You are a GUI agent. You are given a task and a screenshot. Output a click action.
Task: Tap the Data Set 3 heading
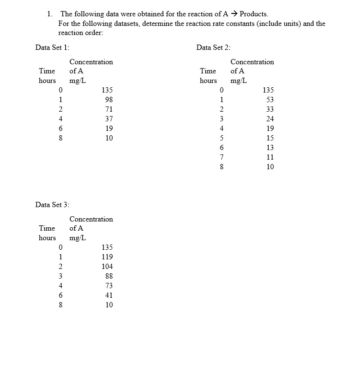pyautogui.click(x=52, y=204)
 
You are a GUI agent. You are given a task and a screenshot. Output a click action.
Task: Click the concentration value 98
pyautogui.click(x=109, y=100)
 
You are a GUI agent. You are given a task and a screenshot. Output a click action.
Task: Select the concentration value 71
pyautogui.click(x=109, y=109)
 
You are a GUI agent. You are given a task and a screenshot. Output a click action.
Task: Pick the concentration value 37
pyautogui.click(x=109, y=119)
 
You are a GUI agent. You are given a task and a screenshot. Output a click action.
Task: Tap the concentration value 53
pyautogui.click(x=270, y=100)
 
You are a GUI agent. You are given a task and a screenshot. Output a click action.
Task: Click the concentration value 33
pyautogui.click(x=270, y=109)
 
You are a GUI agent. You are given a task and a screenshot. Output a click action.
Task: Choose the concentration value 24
pyautogui.click(x=270, y=119)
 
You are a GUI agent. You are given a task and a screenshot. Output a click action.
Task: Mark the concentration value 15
pyautogui.click(x=270, y=138)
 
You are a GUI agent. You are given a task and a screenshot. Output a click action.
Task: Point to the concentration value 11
pyautogui.click(x=270, y=157)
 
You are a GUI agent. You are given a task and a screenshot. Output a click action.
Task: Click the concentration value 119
pyautogui.click(x=107, y=257)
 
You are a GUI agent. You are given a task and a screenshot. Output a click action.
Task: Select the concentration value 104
pyautogui.click(x=107, y=267)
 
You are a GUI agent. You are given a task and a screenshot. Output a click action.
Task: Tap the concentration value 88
pyautogui.click(x=109, y=276)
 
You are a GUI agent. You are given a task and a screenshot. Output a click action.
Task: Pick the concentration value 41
pyautogui.click(x=109, y=295)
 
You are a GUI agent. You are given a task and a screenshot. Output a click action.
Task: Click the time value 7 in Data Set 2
pyautogui.click(x=221, y=157)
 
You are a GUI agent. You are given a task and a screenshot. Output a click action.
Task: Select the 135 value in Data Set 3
pyautogui.click(x=107, y=247)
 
